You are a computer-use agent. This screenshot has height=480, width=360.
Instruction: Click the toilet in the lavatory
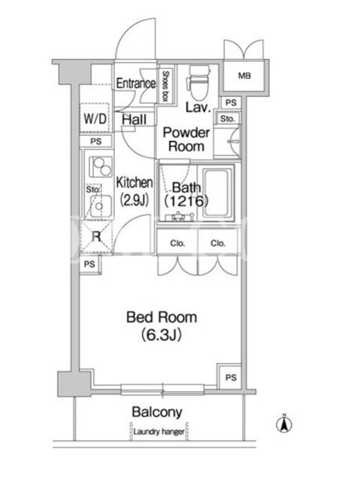coord(199,82)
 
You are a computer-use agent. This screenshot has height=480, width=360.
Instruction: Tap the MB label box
coord(244,76)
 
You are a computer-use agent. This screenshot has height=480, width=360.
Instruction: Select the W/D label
coord(95,118)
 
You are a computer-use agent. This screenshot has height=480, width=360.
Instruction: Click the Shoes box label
coord(166,86)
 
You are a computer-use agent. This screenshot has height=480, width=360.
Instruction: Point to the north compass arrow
coord(284,424)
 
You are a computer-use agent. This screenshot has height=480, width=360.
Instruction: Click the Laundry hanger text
coord(159,432)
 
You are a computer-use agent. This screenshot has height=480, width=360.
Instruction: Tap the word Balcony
coord(157,412)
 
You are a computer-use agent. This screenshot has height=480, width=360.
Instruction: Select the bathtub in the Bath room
coord(216,193)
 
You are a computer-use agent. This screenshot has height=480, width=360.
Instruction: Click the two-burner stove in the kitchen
coord(100,167)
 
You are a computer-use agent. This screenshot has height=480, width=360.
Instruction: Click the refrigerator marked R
coord(96,236)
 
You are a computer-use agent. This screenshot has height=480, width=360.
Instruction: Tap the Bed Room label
coord(161,317)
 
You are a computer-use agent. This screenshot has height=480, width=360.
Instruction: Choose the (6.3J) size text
coord(161,335)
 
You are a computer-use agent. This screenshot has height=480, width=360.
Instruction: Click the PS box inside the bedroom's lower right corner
coord(230,377)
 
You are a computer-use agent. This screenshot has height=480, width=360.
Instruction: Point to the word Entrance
coord(136,83)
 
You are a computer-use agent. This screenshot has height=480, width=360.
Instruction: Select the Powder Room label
coord(186,139)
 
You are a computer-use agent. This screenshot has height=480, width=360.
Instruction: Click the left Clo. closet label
coord(178,244)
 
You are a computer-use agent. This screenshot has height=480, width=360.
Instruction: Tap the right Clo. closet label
coord(218,244)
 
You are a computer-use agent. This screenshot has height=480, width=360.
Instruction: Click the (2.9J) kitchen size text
coord(134,200)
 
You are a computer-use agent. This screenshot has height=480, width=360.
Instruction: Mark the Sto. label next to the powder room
coord(227,118)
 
